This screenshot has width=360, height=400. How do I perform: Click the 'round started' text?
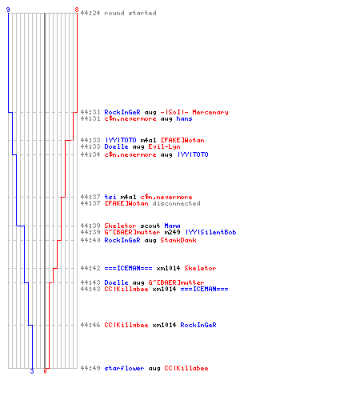[x=130, y=13]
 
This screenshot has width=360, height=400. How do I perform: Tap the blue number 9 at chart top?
[x=8, y=10]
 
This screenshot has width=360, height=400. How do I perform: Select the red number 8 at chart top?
[x=77, y=10]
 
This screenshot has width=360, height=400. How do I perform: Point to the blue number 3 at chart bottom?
[x=32, y=371]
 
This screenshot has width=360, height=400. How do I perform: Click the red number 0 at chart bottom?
[x=45, y=371]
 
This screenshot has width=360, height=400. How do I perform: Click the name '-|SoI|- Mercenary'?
[x=194, y=112]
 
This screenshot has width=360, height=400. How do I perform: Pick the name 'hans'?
[x=184, y=118]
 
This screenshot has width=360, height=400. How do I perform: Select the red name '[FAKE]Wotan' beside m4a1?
[x=182, y=140]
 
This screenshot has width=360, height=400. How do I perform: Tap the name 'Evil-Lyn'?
[x=164, y=146]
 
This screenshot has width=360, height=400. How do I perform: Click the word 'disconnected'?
[x=176, y=203]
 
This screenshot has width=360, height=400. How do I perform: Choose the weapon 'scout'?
[x=150, y=226]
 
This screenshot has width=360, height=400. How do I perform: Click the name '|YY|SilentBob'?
[x=211, y=232]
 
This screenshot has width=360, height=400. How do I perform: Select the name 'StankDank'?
[x=178, y=240]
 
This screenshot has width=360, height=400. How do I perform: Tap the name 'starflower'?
[x=124, y=368]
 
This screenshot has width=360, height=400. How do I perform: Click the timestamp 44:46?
[x=90, y=325]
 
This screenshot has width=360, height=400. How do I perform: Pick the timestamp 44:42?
[x=90, y=268]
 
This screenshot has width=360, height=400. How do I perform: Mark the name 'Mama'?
[x=172, y=226]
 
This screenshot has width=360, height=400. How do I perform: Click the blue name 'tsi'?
[x=110, y=197]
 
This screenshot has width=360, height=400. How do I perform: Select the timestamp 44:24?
[x=90, y=13]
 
